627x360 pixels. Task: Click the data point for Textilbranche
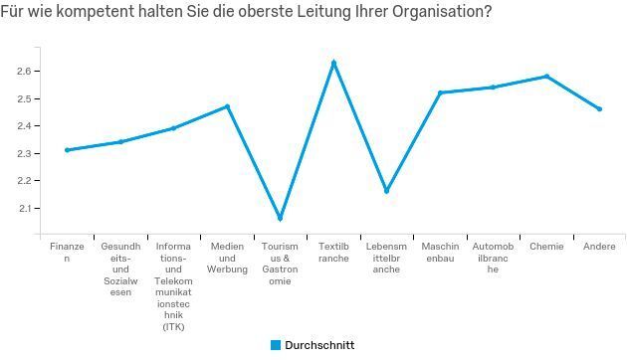tap(333, 63)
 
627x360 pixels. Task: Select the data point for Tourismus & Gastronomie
tap(280, 218)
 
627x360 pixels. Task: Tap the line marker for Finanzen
tap(67, 150)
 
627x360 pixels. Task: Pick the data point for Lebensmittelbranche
tap(386, 190)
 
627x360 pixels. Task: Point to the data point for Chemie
tap(546, 77)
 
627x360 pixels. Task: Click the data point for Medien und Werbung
tap(227, 106)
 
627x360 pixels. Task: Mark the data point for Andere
tap(599, 108)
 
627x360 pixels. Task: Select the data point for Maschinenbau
tap(440, 92)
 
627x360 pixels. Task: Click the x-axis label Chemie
tap(546, 246)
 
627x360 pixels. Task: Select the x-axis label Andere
tap(599, 246)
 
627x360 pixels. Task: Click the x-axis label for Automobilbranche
tap(493, 258)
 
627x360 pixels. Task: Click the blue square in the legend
tap(276, 345)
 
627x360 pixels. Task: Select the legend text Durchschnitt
tap(319, 345)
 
